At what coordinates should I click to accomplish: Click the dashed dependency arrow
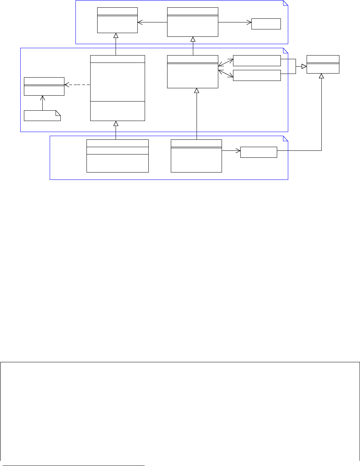coord(77,85)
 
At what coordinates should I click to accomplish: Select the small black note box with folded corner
coord(42,115)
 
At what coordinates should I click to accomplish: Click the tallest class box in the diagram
coord(117,88)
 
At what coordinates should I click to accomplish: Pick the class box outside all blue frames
coord(323,64)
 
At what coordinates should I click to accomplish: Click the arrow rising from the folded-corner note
coord(43,103)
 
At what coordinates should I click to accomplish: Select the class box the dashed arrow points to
coord(44,86)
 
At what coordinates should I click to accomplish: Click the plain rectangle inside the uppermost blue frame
coord(266,24)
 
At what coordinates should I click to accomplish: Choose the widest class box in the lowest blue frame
coord(117,156)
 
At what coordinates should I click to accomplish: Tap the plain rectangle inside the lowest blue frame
coord(258,152)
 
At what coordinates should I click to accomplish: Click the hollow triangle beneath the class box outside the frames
coord(321,76)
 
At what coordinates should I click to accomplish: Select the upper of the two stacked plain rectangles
coord(257,61)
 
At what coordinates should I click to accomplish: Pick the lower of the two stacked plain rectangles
coord(257,75)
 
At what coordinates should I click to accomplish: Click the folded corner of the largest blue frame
coord(285,50)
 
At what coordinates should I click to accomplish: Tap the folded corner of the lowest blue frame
coord(285,138)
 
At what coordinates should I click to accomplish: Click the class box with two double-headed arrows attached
coord(193,72)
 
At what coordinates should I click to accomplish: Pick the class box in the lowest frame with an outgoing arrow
coord(196,156)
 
